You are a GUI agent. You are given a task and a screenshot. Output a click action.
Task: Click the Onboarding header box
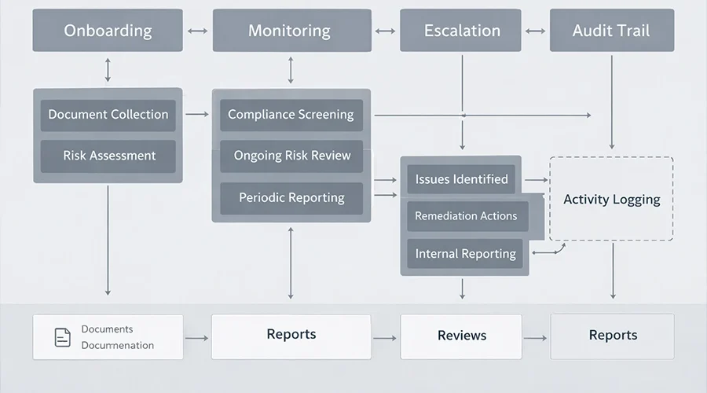click(x=108, y=31)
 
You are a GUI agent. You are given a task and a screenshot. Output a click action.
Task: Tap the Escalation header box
click(x=462, y=31)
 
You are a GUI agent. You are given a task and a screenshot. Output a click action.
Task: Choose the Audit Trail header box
click(x=612, y=31)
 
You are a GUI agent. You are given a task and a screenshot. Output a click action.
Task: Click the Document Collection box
click(x=108, y=115)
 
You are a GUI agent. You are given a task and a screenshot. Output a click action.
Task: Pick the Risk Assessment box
click(x=108, y=156)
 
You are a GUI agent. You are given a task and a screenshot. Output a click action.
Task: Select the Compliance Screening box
click(x=291, y=115)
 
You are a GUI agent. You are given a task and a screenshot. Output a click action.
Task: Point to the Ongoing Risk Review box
click(x=291, y=156)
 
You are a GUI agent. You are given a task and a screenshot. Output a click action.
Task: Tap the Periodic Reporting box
click(x=291, y=198)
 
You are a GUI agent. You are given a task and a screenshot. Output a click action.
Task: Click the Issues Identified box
click(x=461, y=179)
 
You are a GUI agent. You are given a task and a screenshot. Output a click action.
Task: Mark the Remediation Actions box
click(x=466, y=216)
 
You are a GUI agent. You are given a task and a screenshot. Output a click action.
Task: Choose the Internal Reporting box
click(x=465, y=254)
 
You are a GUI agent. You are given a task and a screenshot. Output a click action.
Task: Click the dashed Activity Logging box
click(x=611, y=199)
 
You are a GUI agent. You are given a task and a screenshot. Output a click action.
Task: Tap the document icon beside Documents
click(x=62, y=337)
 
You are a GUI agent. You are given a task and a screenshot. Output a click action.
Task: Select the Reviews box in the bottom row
click(x=461, y=336)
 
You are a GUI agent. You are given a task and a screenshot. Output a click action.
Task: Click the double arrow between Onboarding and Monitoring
click(x=197, y=31)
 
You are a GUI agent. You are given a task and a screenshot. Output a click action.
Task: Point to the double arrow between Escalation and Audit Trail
click(x=534, y=31)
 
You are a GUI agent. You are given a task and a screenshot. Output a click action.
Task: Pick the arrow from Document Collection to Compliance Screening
click(x=197, y=115)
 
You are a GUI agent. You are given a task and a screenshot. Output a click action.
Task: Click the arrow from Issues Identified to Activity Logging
click(x=535, y=179)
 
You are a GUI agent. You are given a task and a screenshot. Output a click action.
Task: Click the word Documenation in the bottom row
click(x=118, y=345)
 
